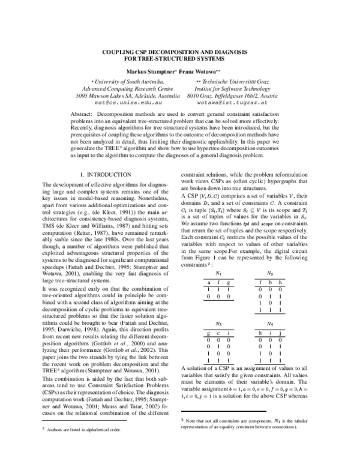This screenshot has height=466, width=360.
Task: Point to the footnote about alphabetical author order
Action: tap(79, 446)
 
